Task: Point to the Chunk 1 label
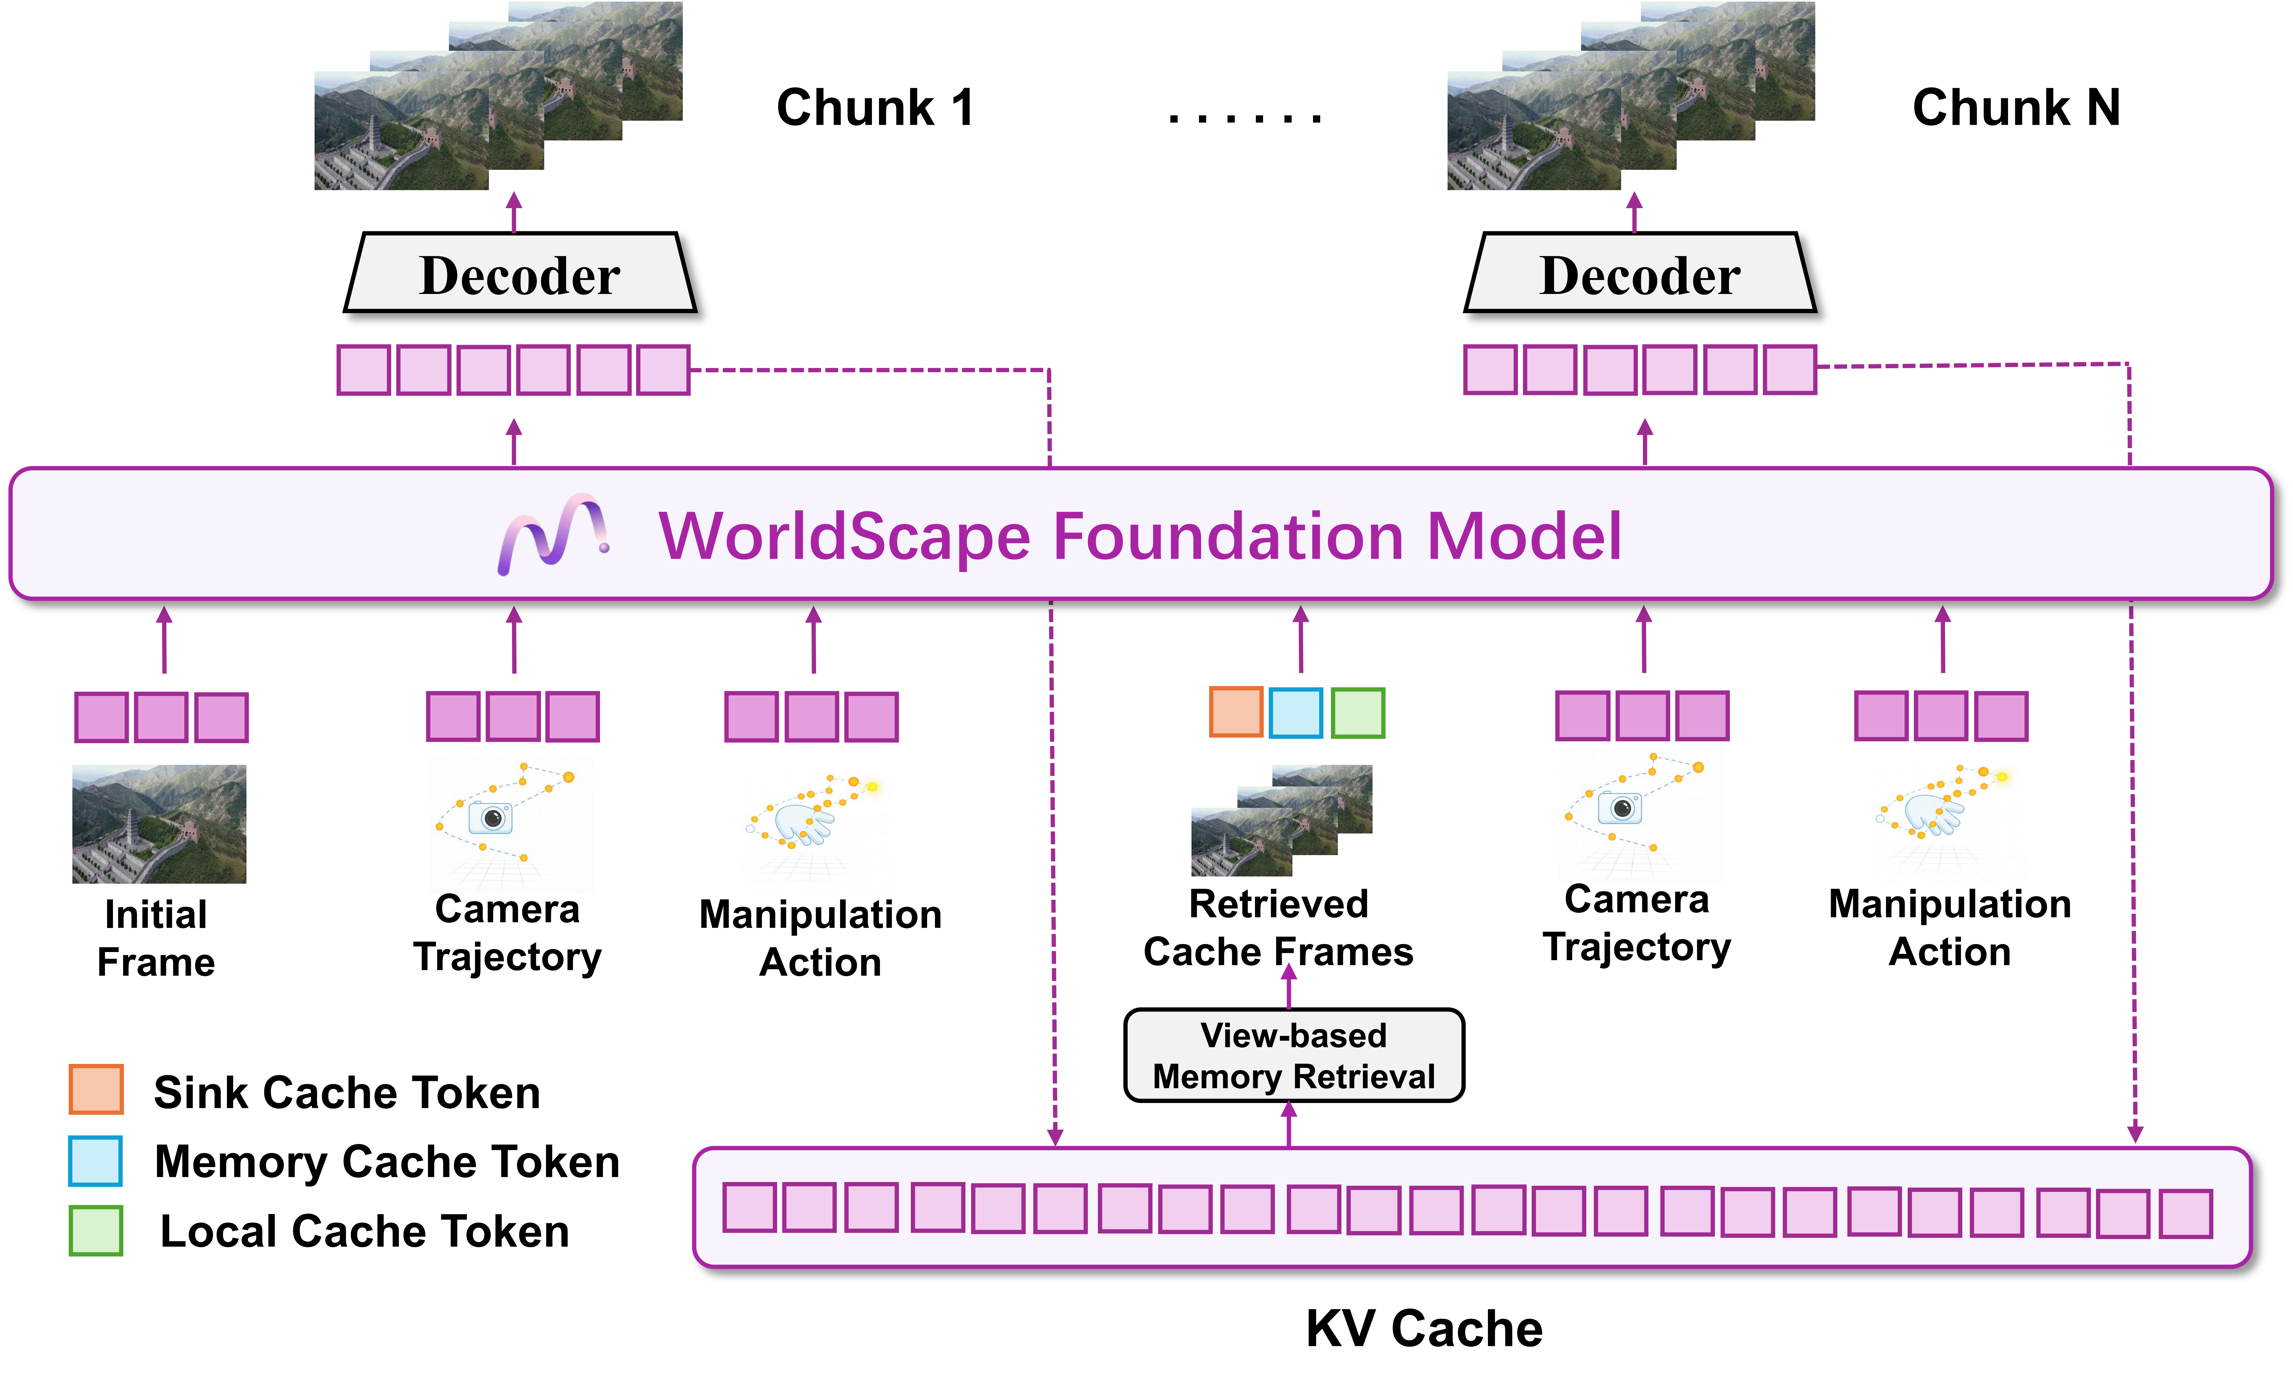875,108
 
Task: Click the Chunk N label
2016,108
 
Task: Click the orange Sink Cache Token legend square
96,1090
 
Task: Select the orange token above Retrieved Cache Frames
1235,713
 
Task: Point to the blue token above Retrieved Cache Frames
1295,713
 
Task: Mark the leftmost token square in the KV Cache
749,1208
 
